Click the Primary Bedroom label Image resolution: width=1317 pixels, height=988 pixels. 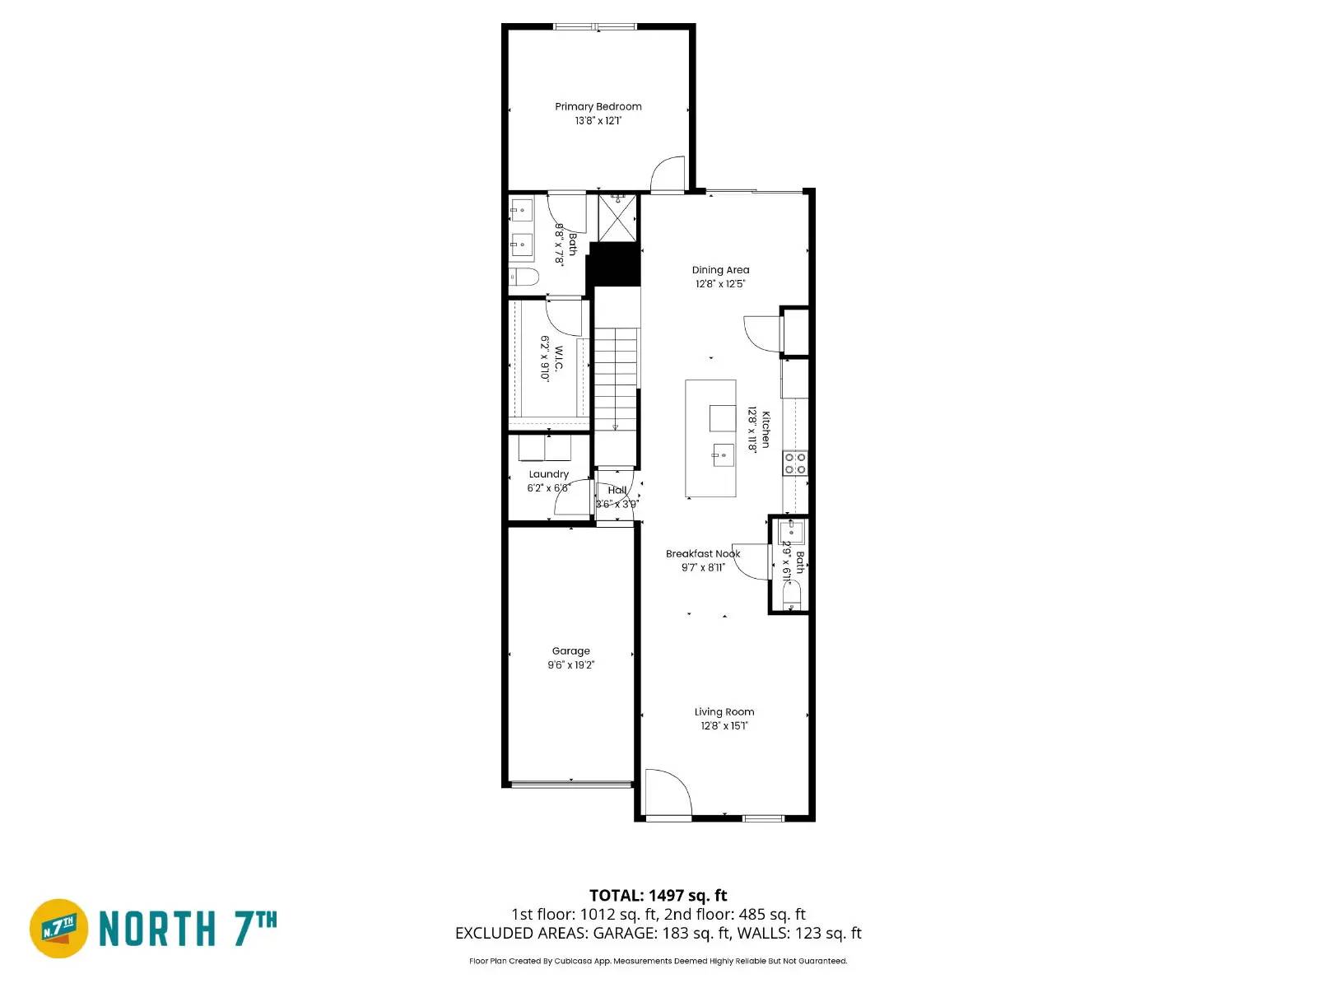[598, 106]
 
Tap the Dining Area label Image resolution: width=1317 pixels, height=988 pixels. [720, 270]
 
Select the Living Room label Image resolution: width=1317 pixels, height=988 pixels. [724, 712]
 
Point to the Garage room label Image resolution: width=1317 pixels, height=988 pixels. [570, 651]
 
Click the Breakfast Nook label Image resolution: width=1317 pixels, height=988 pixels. [703, 554]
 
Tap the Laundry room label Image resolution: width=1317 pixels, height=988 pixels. [548, 474]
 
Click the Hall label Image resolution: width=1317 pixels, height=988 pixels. [617, 490]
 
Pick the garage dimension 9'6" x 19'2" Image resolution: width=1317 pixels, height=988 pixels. [570, 665]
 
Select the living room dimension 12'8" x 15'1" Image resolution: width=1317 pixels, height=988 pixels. [724, 726]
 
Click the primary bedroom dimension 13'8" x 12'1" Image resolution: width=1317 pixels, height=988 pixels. [598, 121]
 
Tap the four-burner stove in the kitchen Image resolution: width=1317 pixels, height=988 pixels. [795, 463]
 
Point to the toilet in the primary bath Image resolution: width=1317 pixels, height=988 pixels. [524, 277]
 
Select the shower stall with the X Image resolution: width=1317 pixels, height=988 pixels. [617, 217]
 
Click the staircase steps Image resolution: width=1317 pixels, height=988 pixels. [617, 379]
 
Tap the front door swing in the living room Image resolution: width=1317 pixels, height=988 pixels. [665, 792]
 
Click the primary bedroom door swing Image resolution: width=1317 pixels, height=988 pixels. [668, 174]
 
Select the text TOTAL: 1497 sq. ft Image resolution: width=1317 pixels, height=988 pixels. [658, 896]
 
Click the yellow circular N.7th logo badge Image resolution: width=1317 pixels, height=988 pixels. [59, 929]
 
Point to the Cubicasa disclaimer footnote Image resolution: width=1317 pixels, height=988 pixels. [658, 961]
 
